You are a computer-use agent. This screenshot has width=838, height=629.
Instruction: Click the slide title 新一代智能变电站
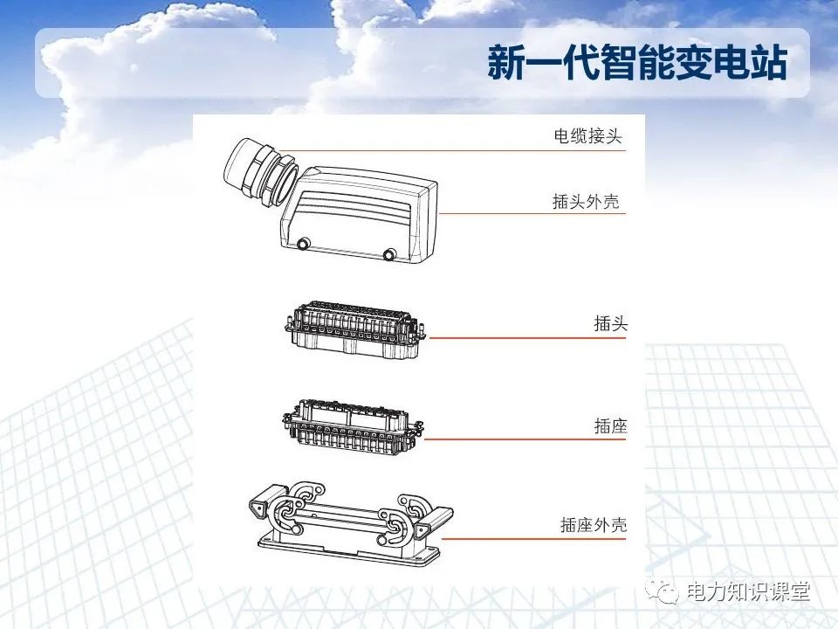coord(637,64)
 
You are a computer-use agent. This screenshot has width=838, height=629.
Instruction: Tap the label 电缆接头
coord(588,136)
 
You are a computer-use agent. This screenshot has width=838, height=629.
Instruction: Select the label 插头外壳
coord(586,202)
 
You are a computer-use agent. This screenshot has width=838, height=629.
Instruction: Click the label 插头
coord(611,324)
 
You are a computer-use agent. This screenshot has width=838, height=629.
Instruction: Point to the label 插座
coord(611,427)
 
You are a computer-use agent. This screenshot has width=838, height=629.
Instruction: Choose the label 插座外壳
coord(594,526)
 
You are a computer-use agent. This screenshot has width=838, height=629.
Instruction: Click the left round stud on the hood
coord(304,245)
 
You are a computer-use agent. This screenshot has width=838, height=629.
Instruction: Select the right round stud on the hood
coord(389,254)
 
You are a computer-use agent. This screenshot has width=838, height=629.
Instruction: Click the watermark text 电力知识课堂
coord(749,592)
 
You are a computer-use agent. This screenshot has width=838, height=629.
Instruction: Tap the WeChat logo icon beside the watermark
coord(668,592)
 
